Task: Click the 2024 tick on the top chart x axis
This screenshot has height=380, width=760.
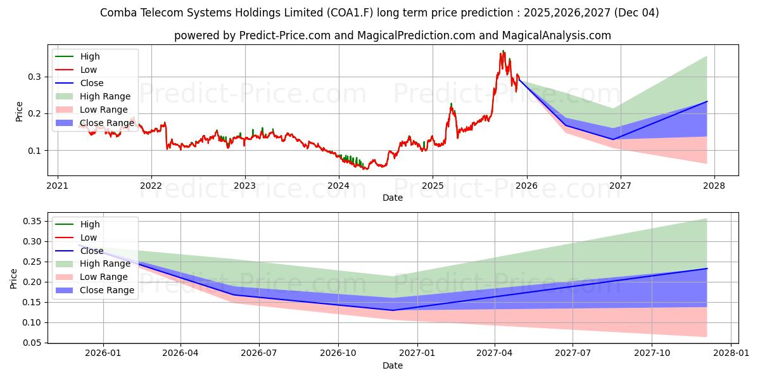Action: pyautogui.click(x=339, y=186)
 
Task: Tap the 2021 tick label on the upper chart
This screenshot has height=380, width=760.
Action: pyautogui.click(x=58, y=186)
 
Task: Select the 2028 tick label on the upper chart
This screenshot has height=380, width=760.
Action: pyautogui.click(x=714, y=186)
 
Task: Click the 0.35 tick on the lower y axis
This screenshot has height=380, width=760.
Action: pyautogui.click(x=32, y=221)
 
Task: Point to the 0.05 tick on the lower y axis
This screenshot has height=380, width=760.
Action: pyautogui.click(x=32, y=343)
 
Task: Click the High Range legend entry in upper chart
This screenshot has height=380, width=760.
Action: pyautogui.click(x=105, y=96)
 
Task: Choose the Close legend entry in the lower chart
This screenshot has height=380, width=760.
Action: pyautogui.click(x=92, y=251)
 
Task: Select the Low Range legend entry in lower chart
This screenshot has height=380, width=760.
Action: pyautogui.click(x=104, y=277)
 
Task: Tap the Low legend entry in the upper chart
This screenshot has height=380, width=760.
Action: pyautogui.click(x=89, y=70)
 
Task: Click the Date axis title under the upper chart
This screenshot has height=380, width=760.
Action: pyautogui.click(x=393, y=198)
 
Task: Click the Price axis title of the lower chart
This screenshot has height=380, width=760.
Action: pyautogui.click(x=14, y=277)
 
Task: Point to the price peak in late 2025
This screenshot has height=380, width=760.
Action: pyautogui.click(x=503, y=51)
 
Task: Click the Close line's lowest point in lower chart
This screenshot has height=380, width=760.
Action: pyautogui.click(x=393, y=310)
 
